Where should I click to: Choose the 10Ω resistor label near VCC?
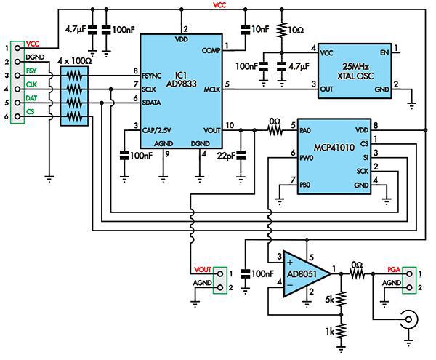point(296,31)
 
